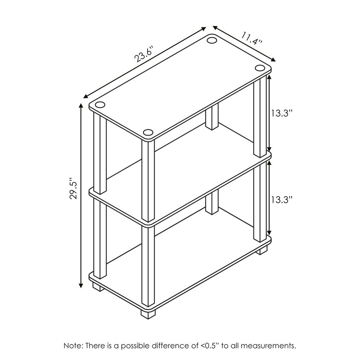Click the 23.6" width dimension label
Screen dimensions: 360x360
click(x=144, y=53)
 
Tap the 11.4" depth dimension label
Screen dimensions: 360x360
click(x=252, y=38)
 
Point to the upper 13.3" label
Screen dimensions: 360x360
click(x=281, y=113)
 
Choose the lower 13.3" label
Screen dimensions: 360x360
click(x=281, y=199)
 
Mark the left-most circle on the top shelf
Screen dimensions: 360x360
click(x=100, y=105)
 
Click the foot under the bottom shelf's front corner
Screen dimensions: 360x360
click(x=148, y=313)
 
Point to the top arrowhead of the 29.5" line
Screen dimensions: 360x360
click(x=81, y=105)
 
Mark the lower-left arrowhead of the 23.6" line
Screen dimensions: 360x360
click(x=86, y=96)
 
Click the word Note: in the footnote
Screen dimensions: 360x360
click(x=73, y=346)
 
